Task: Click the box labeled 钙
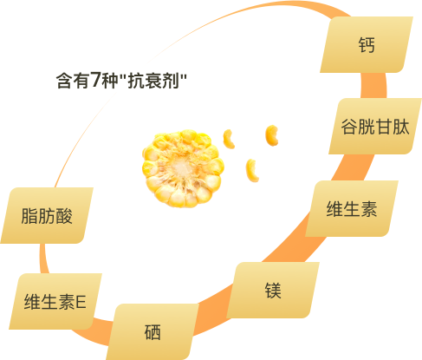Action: coord(367,44)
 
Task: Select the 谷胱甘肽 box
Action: coord(375,126)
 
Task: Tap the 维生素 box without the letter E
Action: coord(352,208)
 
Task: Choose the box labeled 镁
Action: coord(273,290)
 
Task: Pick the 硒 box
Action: coord(153,331)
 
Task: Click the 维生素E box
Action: coord(55,301)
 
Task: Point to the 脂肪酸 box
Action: coord(47,215)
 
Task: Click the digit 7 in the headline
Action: coord(95,79)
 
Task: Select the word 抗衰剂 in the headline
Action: coord(153,81)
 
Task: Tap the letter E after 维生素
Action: coord(81,302)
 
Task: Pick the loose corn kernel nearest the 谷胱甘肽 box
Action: coord(272,135)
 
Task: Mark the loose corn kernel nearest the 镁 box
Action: coord(252,170)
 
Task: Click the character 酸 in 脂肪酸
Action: coord(63,216)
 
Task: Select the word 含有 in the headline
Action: coord(73,81)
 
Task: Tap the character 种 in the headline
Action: coord(109,81)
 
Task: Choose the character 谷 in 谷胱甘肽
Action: coord(349,127)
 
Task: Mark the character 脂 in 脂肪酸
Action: coord(29,216)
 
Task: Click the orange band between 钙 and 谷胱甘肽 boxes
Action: coord(373,86)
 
